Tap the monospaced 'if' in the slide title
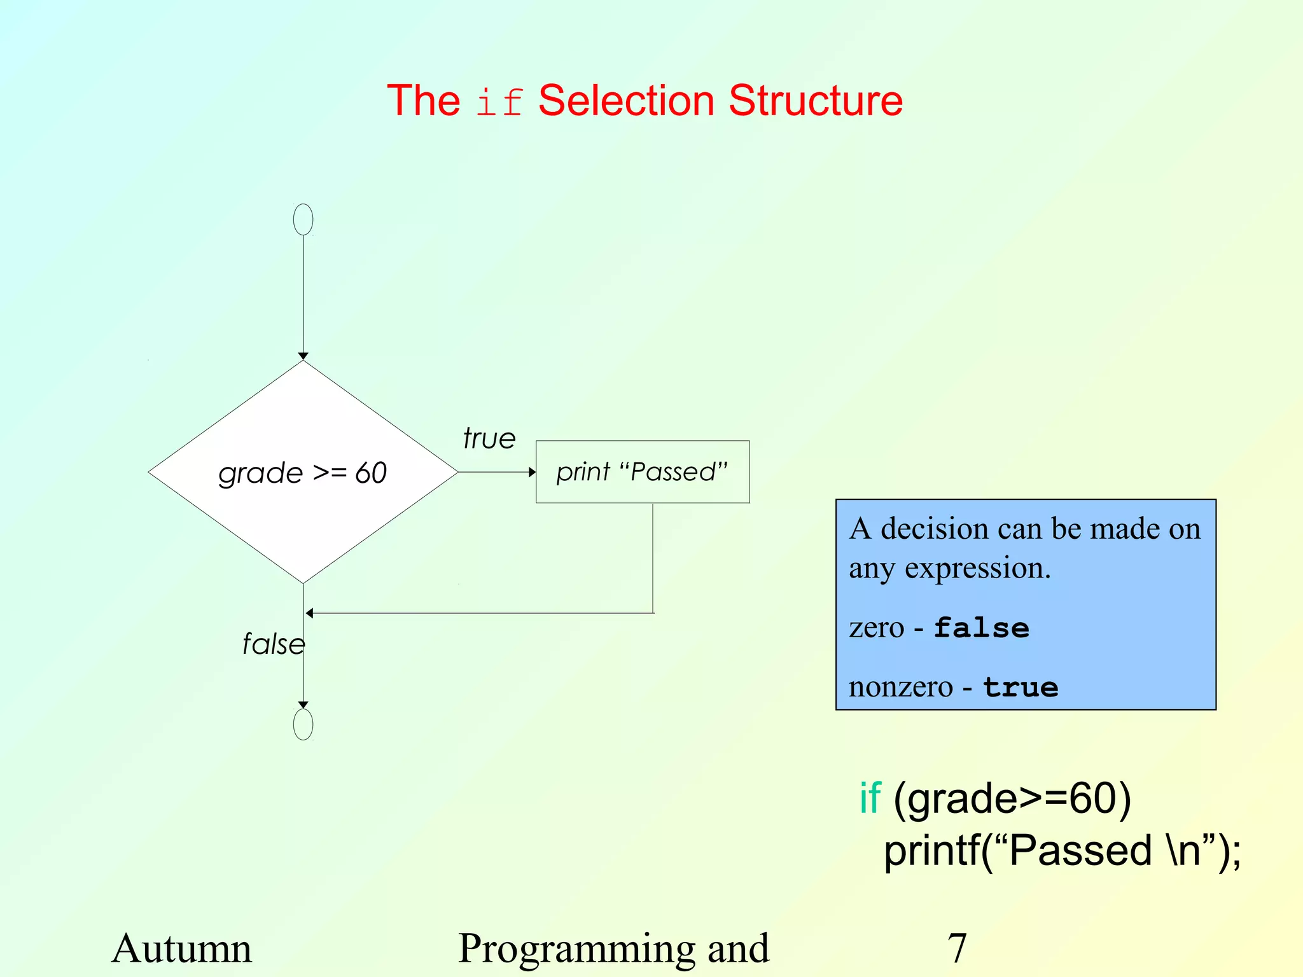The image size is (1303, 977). point(499,102)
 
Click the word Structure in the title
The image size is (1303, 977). point(816,100)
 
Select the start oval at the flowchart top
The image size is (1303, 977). point(303,219)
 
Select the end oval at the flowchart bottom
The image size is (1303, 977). point(303,724)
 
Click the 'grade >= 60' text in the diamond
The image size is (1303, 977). point(303,473)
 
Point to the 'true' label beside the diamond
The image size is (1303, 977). point(489,439)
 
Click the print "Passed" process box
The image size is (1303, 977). point(643,472)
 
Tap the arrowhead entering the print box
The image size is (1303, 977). point(532,472)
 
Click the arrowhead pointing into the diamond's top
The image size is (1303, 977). point(303,356)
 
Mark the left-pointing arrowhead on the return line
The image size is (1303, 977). point(310,613)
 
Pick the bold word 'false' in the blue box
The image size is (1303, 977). point(981,628)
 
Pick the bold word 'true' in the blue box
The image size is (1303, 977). point(1021,688)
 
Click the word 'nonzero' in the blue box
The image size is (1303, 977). point(900,687)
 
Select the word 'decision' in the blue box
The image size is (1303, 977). point(934,529)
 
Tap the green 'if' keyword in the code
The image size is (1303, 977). point(870,798)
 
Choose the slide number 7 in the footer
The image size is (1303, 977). point(957,948)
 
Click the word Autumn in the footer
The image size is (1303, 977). point(182,948)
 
